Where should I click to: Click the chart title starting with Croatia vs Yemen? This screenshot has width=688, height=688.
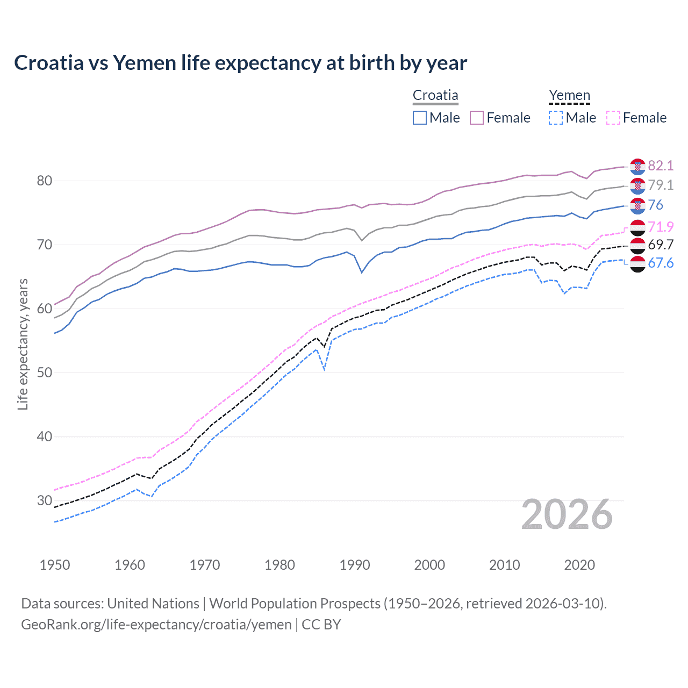click(240, 63)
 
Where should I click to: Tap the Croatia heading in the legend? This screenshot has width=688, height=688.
click(435, 95)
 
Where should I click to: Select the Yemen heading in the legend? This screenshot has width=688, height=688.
click(569, 95)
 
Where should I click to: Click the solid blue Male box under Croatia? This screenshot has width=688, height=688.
click(420, 118)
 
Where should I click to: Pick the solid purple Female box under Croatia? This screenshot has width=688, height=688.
click(477, 118)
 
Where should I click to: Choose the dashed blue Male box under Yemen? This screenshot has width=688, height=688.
click(556, 118)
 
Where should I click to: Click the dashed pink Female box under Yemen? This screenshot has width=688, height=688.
click(613, 118)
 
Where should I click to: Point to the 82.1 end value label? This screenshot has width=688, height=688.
click(661, 166)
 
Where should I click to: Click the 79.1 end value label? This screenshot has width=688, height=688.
click(661, 185)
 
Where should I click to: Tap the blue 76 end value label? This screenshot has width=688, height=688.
click(656, 205)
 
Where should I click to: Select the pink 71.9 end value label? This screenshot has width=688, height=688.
click(661, 227)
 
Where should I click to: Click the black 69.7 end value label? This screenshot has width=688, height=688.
click(661, 245)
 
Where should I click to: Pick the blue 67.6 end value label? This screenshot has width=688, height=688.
click(661, 263)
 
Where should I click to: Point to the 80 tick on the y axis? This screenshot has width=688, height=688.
click(45, 181)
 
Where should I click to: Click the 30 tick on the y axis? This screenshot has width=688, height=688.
click(45, 500)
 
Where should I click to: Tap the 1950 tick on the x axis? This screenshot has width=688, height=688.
click(55, 565)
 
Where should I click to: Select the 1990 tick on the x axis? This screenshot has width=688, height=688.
click(355, 565)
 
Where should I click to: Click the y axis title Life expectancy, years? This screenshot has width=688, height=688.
click(23, 344)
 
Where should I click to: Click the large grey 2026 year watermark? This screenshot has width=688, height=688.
click(567, 515)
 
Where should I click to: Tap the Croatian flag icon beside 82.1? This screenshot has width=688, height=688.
click(637, 166)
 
